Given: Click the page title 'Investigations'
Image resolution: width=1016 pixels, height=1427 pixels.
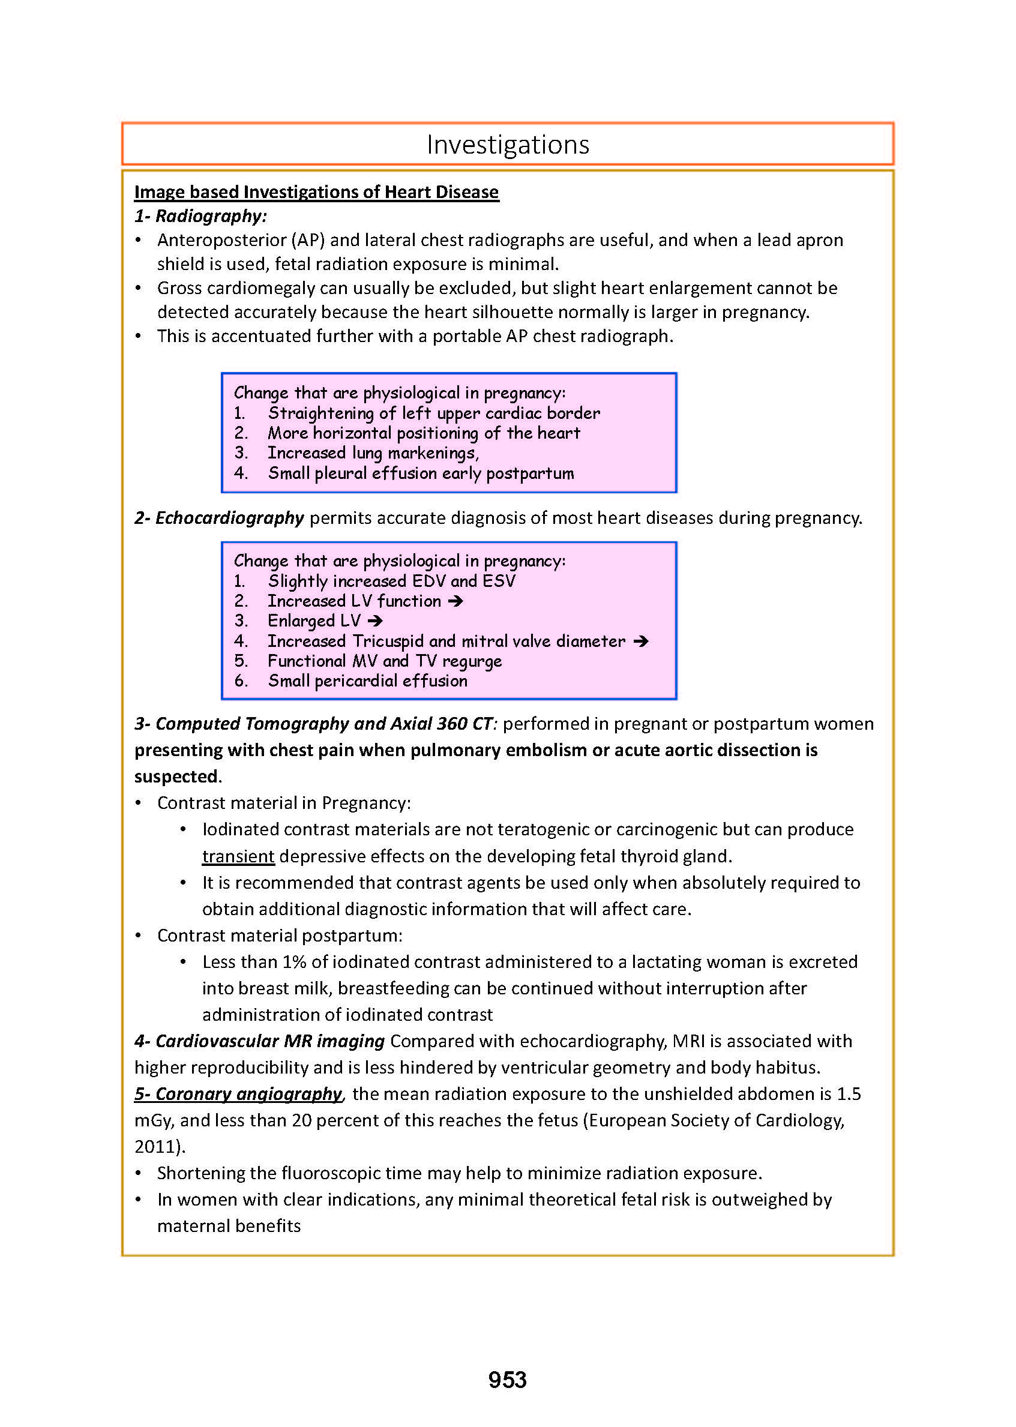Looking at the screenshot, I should [x=507, y=145].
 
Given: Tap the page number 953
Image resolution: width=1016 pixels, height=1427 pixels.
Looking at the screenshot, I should [x=507, y=1380].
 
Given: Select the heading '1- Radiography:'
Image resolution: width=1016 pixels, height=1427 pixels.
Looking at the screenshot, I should [x=201, y=216].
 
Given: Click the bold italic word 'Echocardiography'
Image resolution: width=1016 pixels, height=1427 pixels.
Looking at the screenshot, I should [x=230, y=518].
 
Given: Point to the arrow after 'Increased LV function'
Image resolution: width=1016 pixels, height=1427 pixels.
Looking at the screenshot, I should [x=455, y=601].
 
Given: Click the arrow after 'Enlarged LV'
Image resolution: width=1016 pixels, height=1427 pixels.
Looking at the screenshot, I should [x=375, y=621].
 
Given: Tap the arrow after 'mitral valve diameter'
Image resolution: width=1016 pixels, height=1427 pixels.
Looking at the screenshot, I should [x=641, y=641].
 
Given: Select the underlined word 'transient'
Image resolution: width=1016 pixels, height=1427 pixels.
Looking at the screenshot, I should [x=238, y=856].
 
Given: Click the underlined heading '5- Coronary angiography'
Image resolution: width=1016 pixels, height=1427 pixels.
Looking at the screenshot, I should [x=238, y=1093].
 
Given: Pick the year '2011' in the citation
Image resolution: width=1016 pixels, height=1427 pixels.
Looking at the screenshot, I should [x=156, y=1146].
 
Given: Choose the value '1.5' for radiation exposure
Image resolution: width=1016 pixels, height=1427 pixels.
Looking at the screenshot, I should [x=849, y=1093].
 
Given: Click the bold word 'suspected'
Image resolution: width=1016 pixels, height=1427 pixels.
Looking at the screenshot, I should [x=176, y=777].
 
